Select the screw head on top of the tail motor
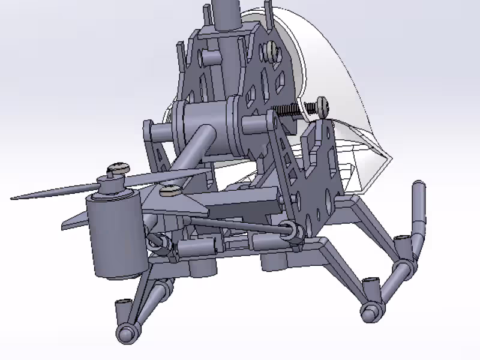click(x=118, y=169)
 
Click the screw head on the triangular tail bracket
click(x=171, y=191)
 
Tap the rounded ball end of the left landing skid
click(x=127, y=333)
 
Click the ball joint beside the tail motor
click(x=157, y=241)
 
